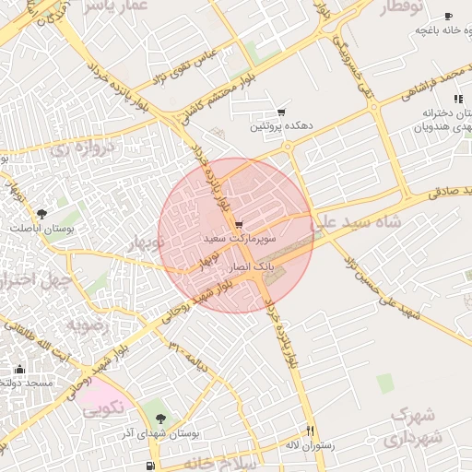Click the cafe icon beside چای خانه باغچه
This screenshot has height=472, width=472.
pyautogui.click(x=449, y=17)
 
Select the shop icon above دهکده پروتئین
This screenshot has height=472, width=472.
pyautogui.click(x=281, y=111)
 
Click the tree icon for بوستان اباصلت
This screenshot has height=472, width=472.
pyautogui.click(x=41, y=214)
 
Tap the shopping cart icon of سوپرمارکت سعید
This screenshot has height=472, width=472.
pyautogui.click(x=240, y=225)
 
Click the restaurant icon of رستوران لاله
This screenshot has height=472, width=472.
pyautogui.click(x=310, y=431)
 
